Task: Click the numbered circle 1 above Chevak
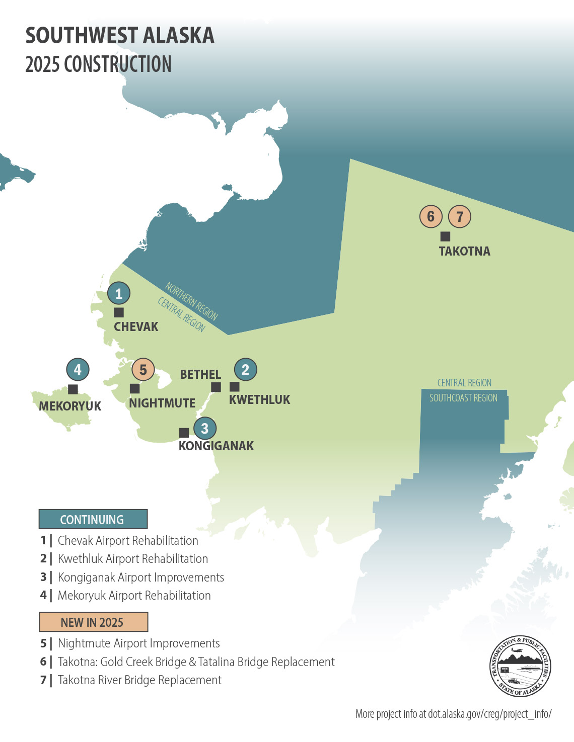(x=119, y=293)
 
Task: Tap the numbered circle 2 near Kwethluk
(x=245, y=370)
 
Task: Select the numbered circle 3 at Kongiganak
(x=204, y=429)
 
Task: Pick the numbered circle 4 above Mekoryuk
(x=78, y=370)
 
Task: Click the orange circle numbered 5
(x=143, y=370)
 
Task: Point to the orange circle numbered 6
(x=430, y=217)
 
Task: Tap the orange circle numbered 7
(x=459, y=217)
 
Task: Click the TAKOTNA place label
(x=464, y=251)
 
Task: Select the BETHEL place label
(x=200, y=374)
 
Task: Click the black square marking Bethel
(x=216, y=387)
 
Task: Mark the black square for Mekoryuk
(x=73, y=389)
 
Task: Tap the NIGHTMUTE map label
(x=162, y=403)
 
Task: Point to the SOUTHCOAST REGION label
(x=463, y=398)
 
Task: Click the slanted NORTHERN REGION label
(x=191, y=301)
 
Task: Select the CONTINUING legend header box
(x=93, y=519)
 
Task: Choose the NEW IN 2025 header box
(x=93, y=622)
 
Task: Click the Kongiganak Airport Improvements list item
(x=140, y=577)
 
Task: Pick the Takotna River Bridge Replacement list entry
(x=139, y=680)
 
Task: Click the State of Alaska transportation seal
(x=520, y=666)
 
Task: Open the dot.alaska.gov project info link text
(x=453, y=714)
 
